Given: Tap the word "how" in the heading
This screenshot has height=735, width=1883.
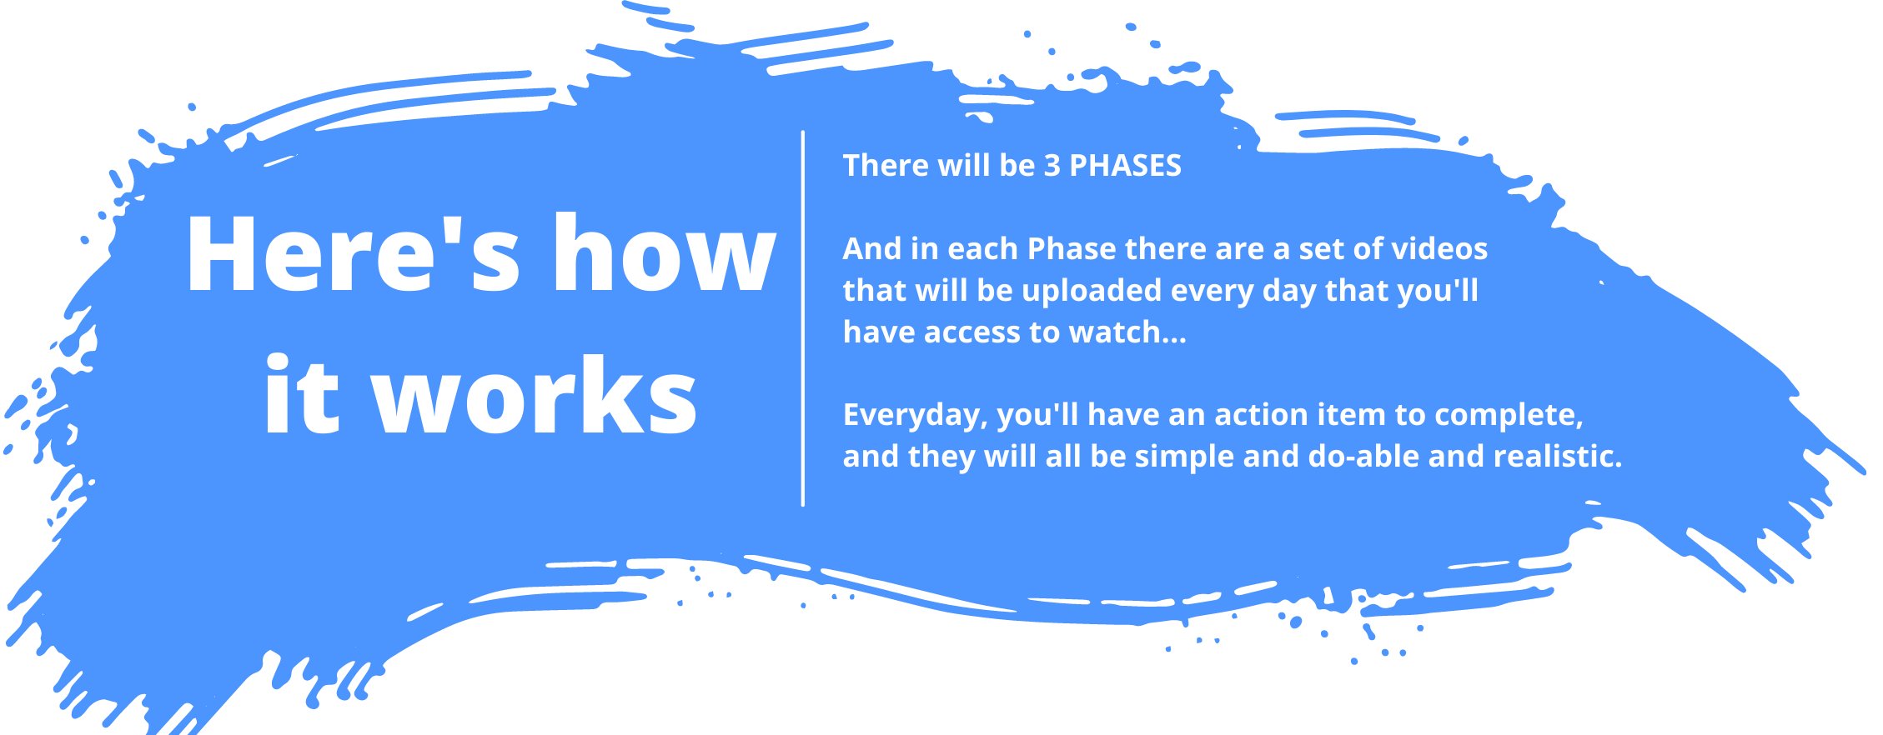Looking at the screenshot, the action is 665,252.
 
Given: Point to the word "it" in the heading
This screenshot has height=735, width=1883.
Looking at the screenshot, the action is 302,394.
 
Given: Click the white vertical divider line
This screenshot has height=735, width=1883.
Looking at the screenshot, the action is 803,318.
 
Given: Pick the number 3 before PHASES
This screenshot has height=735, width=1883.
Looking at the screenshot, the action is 1052,166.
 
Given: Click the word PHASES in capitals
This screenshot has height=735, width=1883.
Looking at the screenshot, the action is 1125,166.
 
